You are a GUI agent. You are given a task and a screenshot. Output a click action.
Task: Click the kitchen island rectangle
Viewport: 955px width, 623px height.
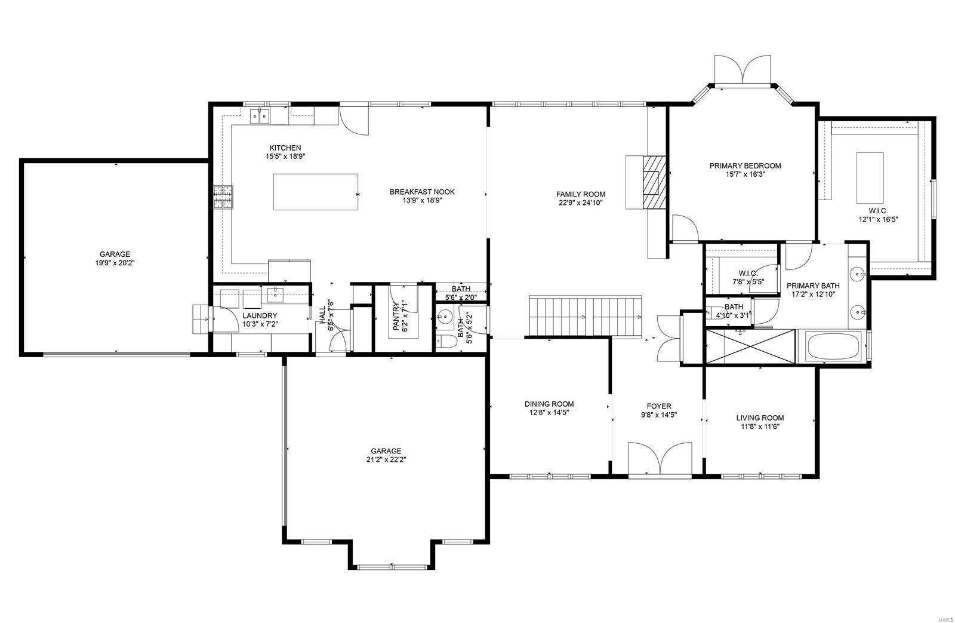click(315, 192)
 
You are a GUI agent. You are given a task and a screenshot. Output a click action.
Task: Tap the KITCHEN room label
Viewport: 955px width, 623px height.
click(285, 148)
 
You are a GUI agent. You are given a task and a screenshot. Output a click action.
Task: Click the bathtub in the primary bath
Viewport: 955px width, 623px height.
click(833, 346)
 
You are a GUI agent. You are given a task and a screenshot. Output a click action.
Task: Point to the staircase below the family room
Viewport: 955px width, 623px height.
click(585, 316)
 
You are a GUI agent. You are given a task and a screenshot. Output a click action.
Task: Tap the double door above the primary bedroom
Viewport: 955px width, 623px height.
click(742, 69)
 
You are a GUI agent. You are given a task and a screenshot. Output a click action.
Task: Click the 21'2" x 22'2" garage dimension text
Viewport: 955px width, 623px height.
click(386, 459)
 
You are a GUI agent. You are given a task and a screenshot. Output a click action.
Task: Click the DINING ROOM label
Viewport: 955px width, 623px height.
click(549, 404)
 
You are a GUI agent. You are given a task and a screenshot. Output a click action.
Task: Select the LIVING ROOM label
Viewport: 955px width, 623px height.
click(760, 418)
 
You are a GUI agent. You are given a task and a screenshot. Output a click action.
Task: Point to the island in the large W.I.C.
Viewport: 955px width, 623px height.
click(870, 178)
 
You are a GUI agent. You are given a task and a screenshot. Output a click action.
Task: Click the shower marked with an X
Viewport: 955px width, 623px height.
click(750, 346)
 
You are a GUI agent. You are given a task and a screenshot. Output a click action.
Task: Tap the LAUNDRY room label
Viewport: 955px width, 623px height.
click(260, 315)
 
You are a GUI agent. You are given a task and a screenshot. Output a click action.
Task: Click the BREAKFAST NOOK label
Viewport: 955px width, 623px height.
click(422, 192)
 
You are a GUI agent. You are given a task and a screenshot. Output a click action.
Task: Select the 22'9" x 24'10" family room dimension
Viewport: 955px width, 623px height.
click(580, 202)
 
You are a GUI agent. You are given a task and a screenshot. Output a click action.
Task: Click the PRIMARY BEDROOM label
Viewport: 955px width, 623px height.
click(745, 165)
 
